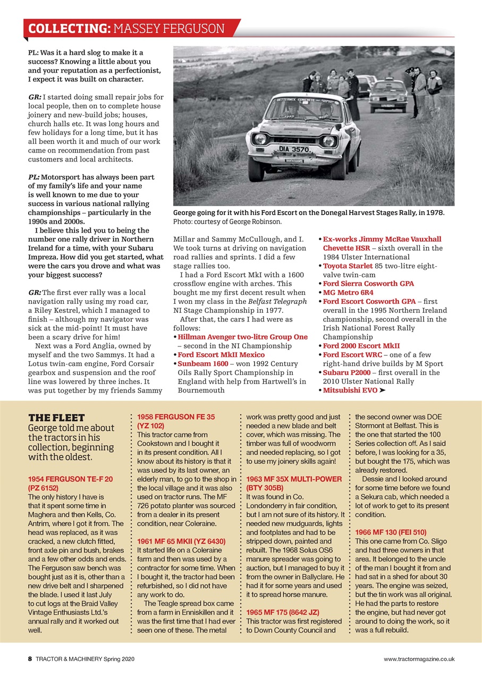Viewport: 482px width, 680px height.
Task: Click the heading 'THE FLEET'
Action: pos(56,418)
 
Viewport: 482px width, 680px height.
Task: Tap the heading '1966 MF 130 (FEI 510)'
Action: pos(391,532)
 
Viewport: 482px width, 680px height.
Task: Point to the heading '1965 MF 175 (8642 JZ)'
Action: pos(286,612)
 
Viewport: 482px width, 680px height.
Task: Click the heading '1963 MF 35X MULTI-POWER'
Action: pos(294,479)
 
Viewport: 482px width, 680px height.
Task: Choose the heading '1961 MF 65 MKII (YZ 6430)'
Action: pos(181,541)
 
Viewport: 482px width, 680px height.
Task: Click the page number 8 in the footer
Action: pos(30,659)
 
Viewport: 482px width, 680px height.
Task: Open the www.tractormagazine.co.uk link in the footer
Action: pos(419,659)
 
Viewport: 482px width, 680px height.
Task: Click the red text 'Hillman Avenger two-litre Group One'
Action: pos(242,337)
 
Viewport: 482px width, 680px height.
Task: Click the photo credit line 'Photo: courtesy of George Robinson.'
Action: pos(227,222)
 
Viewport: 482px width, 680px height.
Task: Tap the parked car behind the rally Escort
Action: pos(388,96)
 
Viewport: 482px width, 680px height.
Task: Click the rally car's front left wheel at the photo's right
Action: pos(337,165)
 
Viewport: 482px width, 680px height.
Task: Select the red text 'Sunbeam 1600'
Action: pos(203,363)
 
